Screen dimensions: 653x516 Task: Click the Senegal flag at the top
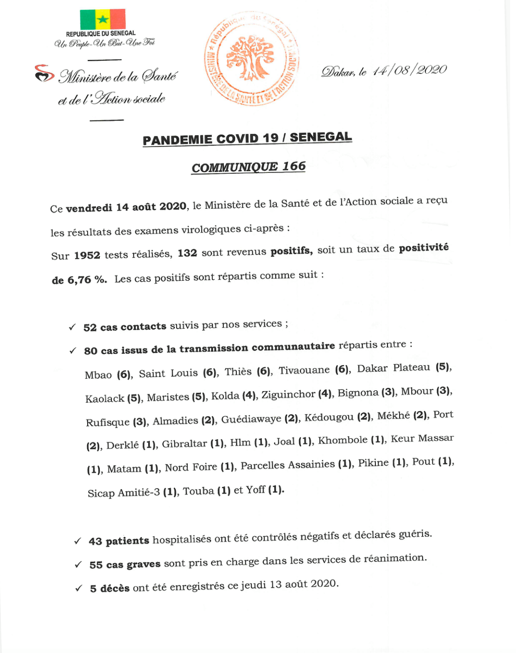(x=102, y=19)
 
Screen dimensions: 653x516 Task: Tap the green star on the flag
(x=102, y=19)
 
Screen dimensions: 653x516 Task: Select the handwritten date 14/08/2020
(x=409, y=71)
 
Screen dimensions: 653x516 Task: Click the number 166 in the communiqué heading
(x=294, y=167)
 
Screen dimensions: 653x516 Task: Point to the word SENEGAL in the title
(x=320, y=137)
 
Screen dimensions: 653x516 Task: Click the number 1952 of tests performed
(x=87, y=255)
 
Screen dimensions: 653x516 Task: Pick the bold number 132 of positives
(x=187, y=253)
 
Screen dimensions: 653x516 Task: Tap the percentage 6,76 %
(x=87, y=280)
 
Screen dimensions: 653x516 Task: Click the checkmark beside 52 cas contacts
(x=72, y=327)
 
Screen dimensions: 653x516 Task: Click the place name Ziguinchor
(x=288, y=394)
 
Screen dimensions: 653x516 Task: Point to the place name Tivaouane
(x=304, y=371)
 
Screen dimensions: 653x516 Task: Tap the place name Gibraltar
(x=184, y=444)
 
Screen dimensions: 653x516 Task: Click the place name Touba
(x=198, y=491)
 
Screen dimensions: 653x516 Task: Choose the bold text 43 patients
(x=119, y=541)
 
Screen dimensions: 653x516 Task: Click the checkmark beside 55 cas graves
(x=78, y=565)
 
